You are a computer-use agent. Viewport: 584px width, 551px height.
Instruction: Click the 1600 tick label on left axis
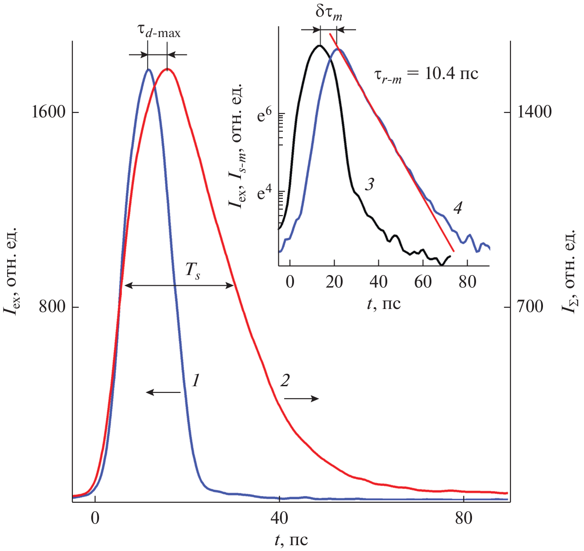pos(49,112)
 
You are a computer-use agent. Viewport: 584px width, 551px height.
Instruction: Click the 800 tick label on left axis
pos(52,307)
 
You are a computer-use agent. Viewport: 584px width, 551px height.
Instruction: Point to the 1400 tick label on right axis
pos(534,112)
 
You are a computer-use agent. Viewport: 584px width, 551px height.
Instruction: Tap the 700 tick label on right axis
pos(530,307)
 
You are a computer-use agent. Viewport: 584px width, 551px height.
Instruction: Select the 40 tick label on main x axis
pos(279,518)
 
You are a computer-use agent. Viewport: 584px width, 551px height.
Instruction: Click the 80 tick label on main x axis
pos(464,518)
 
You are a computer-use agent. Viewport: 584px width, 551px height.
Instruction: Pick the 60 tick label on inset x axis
pos(422,282)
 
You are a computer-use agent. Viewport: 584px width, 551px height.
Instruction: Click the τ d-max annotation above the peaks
pos(158,32)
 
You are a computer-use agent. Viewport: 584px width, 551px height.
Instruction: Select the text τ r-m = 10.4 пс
pos(426,74)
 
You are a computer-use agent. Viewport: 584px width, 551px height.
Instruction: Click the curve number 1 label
pos(195,380)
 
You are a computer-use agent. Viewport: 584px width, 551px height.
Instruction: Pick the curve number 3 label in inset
pos(369,184)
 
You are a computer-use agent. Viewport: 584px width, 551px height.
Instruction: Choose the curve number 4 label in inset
pos(457,207)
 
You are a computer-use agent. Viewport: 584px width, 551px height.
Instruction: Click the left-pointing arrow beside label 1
pos(163,392)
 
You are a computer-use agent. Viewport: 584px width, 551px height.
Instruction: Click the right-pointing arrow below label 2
pos(302,398)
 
